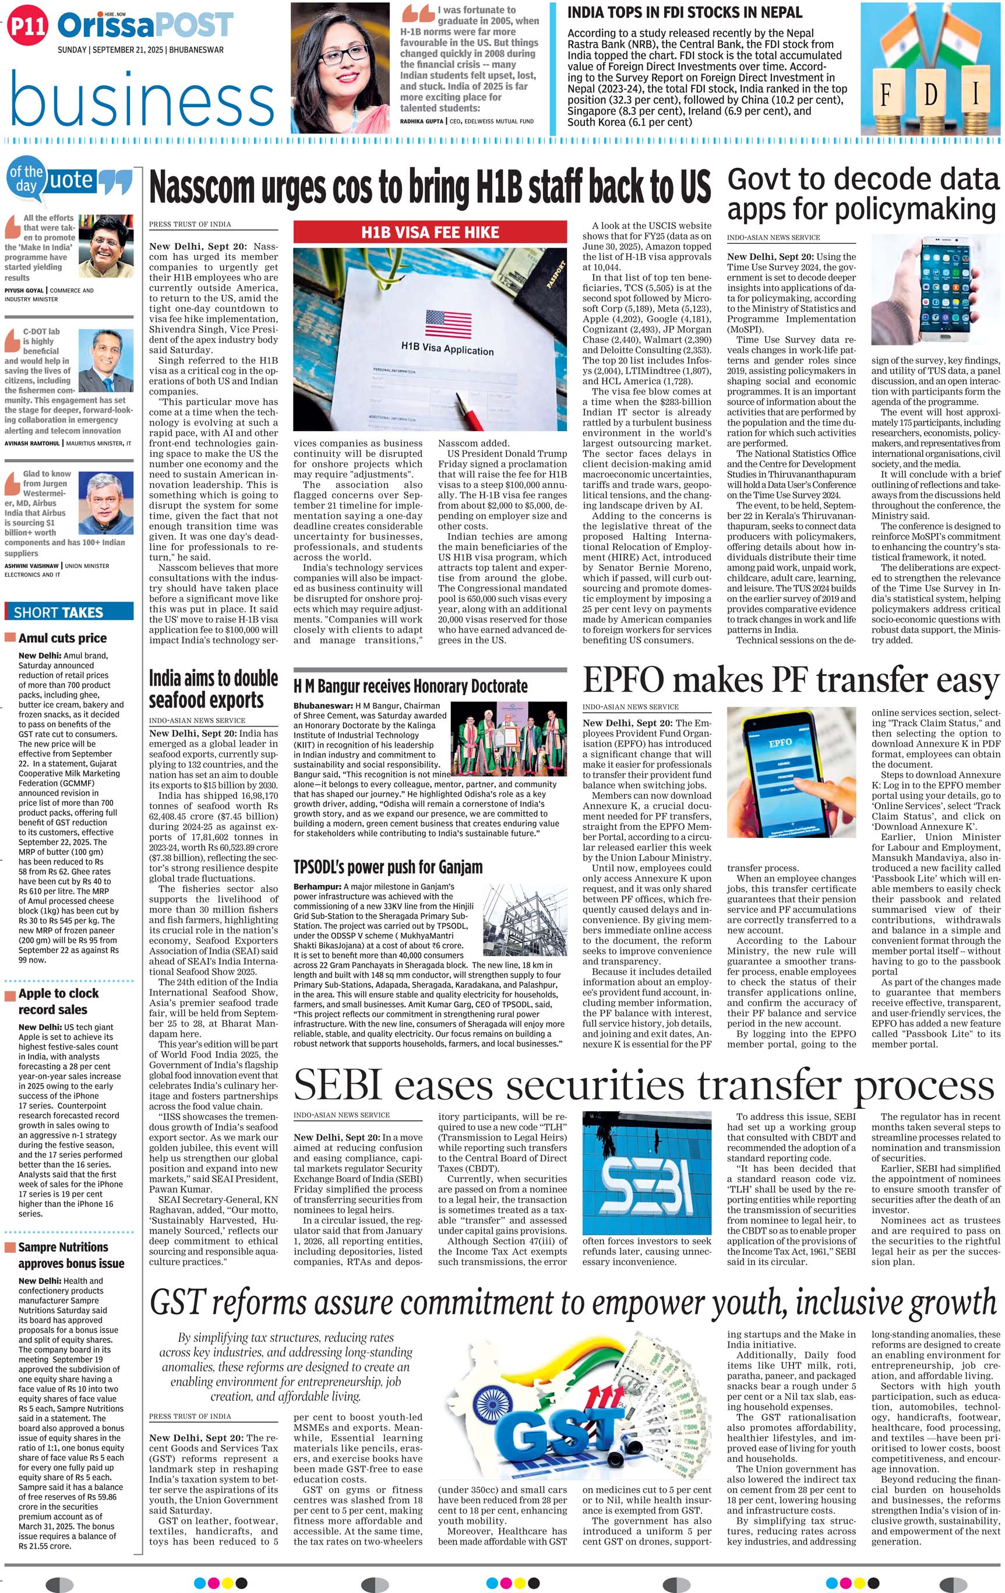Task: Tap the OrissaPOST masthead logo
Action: point(146,26)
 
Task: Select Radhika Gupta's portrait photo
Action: point(341,68)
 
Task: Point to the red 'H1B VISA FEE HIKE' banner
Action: point(430,232)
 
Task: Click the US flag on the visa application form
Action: point(448,323)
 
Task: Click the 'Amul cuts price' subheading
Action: point(62,639)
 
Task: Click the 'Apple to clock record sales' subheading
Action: point(58,1001)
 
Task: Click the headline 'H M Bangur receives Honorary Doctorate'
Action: point(410,686)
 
